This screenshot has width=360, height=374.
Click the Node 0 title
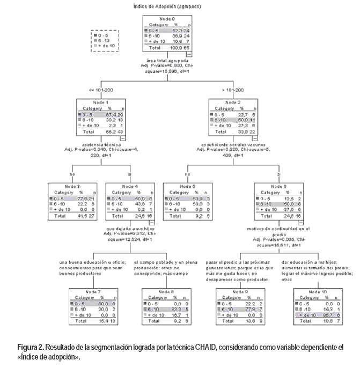point(167,19)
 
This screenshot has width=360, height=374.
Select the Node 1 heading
point(99,102)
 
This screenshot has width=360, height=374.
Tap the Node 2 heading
point(232,102)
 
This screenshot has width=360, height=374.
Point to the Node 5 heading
point(187,186)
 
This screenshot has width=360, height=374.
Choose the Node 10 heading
point(317,292)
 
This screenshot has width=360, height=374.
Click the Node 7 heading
point(93,292)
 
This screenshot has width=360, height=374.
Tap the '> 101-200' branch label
point(233,90)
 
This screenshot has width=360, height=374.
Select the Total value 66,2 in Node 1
point(107,131)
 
